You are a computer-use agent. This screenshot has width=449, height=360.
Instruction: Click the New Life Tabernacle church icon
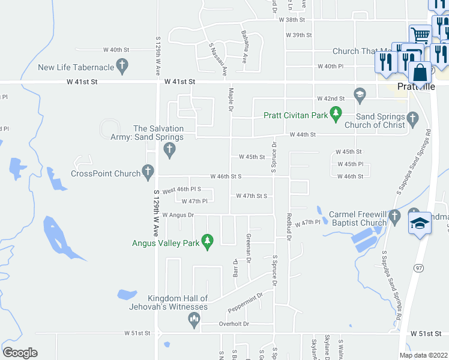click(123, 66)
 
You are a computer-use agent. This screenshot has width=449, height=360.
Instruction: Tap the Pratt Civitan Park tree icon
click(336, 113)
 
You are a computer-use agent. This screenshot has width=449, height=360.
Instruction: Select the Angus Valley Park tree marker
click(208, 241)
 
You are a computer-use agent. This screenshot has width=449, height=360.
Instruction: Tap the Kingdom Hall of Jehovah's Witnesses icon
click(194, 320)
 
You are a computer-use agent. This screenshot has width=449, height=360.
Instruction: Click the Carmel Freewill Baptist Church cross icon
click(394, 216)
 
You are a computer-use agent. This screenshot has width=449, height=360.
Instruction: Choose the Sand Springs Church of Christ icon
click(412, 118)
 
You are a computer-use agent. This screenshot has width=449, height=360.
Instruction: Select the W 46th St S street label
click(226, 177)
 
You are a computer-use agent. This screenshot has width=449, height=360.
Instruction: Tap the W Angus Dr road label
click(178, 215)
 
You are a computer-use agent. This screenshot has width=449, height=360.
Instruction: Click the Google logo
click(20, 353)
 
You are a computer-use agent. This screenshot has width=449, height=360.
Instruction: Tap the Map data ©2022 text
click(423, 355)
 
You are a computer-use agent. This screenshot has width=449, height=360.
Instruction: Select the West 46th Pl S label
click(182, 189)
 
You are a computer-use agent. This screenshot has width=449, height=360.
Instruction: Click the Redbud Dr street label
click(289, 226)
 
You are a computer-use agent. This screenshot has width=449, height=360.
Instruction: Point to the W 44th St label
click(303, 135)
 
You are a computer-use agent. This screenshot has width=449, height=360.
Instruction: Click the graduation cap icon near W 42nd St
click(360, 93)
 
